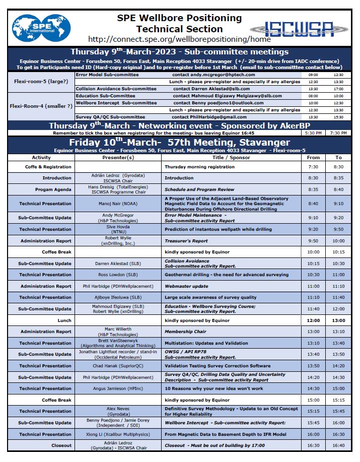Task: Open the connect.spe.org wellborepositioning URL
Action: tap(179, 39)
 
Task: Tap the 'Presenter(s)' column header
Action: tap(118, 157)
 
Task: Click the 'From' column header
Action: tap(313, 157)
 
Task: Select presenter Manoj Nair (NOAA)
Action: tap(118, 204)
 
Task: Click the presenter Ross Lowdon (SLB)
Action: tap(118, 275)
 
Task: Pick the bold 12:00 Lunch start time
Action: tap(313, 320)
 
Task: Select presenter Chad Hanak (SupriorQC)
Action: tap(118, 366)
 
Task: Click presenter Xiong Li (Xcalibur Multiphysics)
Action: tap(118, 434)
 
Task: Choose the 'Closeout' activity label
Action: tap(61, 445)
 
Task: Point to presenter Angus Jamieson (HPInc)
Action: tap(118, 388)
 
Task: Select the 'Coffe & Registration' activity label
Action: tap(48, 167)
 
